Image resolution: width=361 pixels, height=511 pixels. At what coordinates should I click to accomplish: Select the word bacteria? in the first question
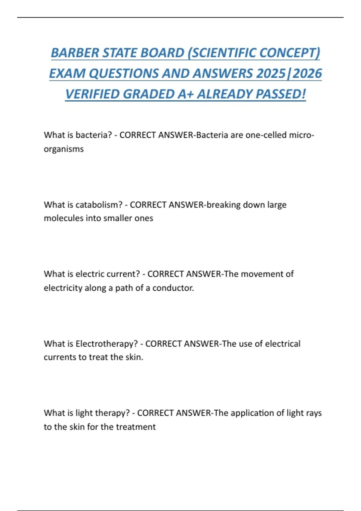(94, 135)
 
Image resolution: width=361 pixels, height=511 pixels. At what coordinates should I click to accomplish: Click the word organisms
(64, 149)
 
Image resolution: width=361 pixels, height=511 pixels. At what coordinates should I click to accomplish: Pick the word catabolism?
(99, 205)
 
